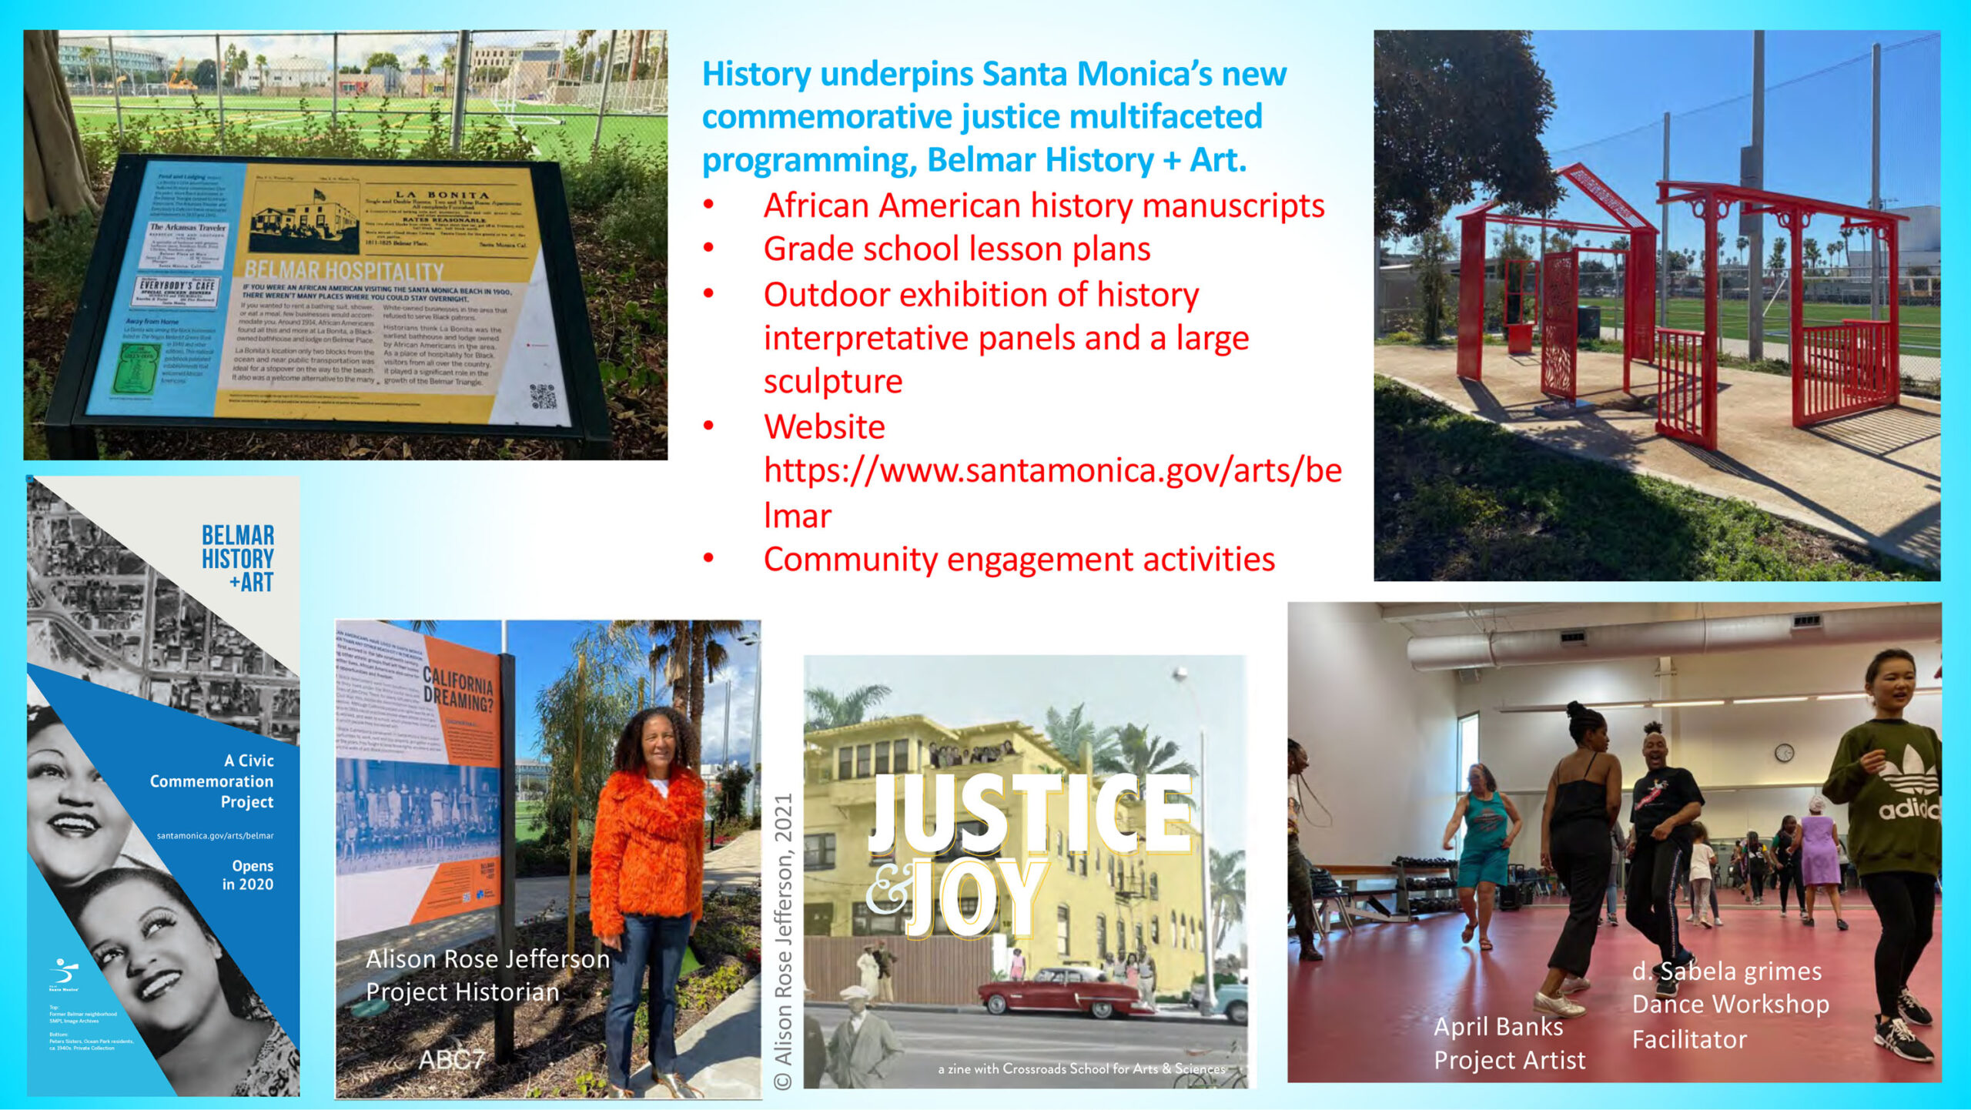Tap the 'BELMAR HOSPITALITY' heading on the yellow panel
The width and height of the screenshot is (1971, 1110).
(344, 272)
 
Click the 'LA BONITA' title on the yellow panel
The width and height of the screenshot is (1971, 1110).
(442, 195)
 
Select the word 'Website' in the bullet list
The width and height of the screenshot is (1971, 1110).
(824, 426)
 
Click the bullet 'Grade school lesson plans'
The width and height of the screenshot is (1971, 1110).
(956, 249)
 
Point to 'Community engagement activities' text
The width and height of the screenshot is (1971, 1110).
(1019, 559)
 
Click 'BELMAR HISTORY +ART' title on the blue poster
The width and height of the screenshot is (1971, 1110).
(238, 558)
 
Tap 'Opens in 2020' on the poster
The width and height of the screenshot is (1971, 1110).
(249, 875)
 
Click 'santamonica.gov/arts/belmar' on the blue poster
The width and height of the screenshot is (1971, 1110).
(215, 835)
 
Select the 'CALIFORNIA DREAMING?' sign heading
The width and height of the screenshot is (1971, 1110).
(459, 689)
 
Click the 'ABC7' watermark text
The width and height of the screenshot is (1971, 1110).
(452, 1060)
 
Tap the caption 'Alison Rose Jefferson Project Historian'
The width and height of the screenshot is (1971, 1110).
(487, 975)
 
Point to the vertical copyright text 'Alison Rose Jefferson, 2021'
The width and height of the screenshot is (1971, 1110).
(783, 939)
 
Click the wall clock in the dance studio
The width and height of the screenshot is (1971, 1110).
(1784, 753)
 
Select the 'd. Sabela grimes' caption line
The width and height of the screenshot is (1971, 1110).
(1727, 971)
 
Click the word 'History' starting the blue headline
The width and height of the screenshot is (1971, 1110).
(756, 75)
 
